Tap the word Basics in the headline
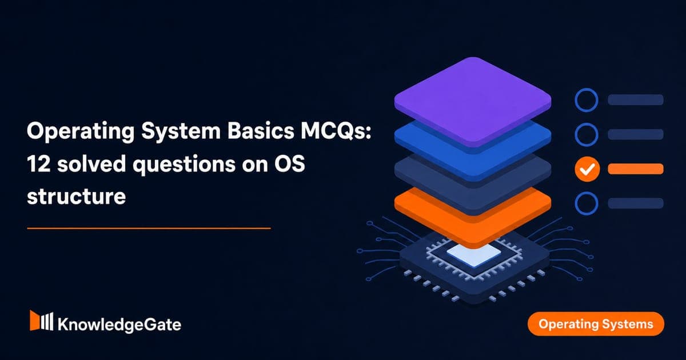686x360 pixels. pyautogui.click(x=260, y=131)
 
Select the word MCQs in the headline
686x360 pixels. pyautogui.click(x=336, y=131)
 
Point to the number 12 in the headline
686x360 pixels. pyautogui.click(x=39, y=164)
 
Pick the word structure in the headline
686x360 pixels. pyautogui.click(x=76, y=196)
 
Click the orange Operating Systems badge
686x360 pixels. pyautogui.click(x=596, y=324)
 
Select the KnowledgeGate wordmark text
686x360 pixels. pyautogui.click(x=119, y=325)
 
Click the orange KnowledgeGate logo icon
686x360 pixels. pyautogui.click(x=41, y=321)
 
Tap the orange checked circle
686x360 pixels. pyautogui.click(x=587, y=169)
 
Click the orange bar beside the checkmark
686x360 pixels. pyautogui.click(x=636, y=169)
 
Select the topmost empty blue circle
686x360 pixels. pyautogui.click(x=586, y=89)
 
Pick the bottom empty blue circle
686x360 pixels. pyautogui.click(x=586, y=191)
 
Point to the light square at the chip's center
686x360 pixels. pyautogui.click(x=474, y=255)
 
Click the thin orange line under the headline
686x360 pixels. pyautogui.click(x=149, y=228)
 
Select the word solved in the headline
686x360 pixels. pyautogui.click(x=91, y=163)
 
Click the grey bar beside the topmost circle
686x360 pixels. pyautogui.click(x=636, y=100)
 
